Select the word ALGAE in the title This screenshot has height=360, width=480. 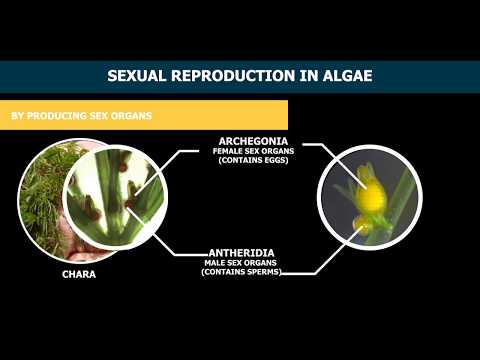pyautogui.click(x=344, y=76)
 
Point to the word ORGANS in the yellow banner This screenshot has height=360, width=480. pyautogui.click(x=134, y=116)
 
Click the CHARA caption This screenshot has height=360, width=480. pyautogui.click(x=78, y=272)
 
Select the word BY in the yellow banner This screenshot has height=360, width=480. pyautogui.click(x=17, y=116)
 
